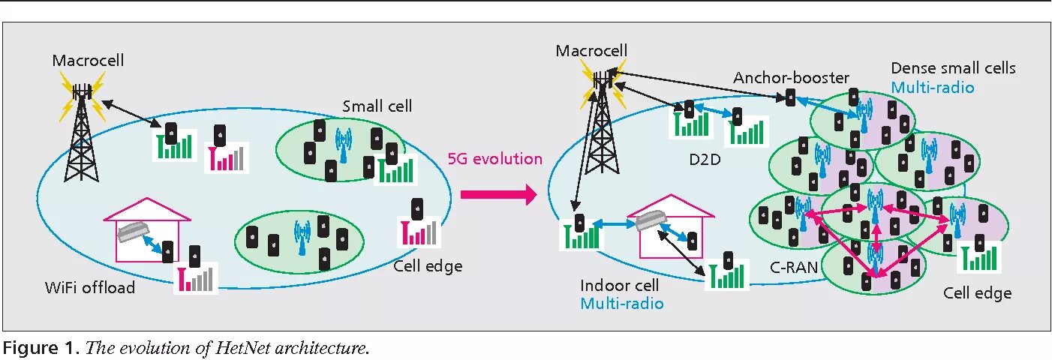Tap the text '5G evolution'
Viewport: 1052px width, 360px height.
(494, 159)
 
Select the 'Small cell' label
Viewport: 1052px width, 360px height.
(377, 106)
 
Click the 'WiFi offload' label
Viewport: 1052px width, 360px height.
(89, 287)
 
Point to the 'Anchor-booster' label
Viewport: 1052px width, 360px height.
(791, 78)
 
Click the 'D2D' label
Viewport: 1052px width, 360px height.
(704, 159)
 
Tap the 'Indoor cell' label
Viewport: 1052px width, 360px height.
(620, 286)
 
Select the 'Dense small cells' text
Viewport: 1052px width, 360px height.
(953, 68)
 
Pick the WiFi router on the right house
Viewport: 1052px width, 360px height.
(650, 220)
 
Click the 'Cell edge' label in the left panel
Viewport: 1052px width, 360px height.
(428, 266)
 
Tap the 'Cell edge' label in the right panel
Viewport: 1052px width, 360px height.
(977, 293)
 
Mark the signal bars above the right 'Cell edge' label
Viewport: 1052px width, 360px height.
(979, 256)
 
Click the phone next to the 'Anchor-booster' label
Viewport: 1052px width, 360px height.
(790, 97)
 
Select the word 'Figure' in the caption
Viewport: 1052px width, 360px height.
(27, 348)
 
